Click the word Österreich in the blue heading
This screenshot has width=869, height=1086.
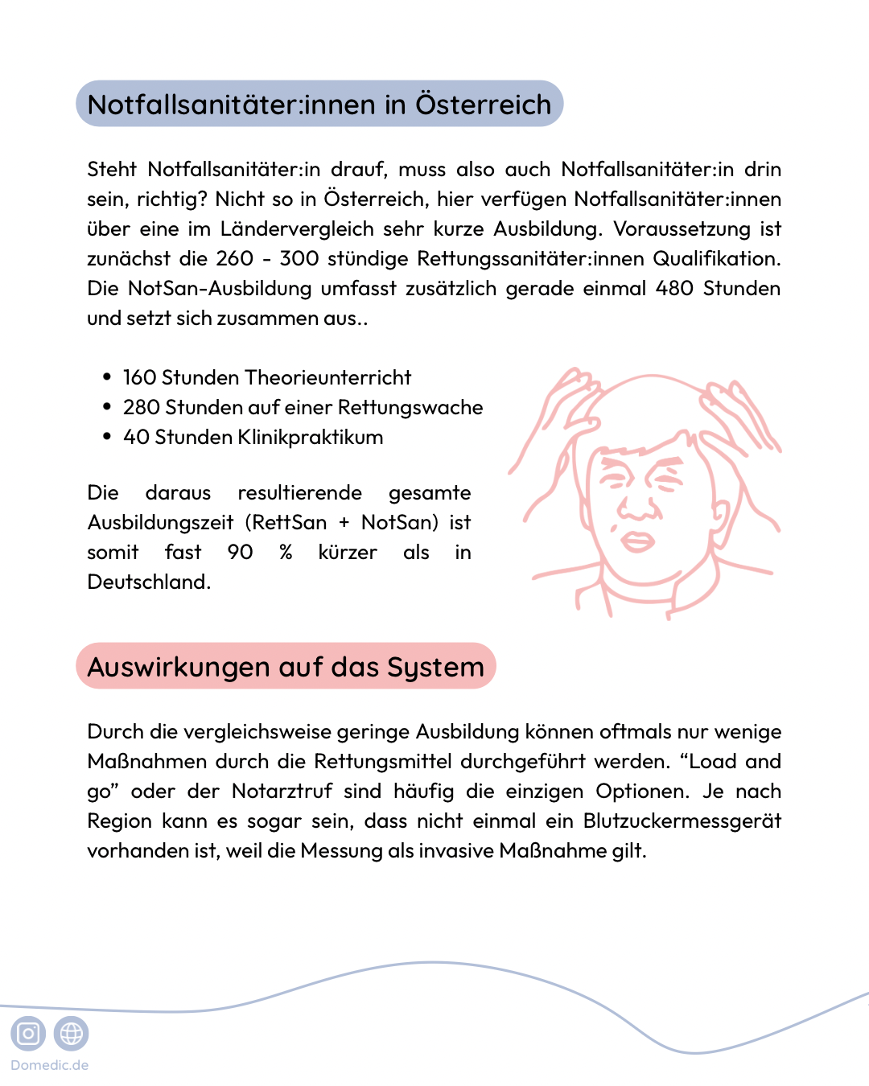click(483, 105)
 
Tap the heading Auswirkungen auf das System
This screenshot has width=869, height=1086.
click(286, 667)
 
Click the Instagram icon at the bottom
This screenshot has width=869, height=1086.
click(28, 1033)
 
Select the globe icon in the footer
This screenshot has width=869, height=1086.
click(72, 1033)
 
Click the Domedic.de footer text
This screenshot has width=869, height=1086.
click(49, 1065)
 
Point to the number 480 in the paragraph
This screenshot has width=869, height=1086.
click(674, 288)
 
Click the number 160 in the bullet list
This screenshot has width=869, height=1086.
click(140, 377)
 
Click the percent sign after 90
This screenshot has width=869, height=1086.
click(286, 553)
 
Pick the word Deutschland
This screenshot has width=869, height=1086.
click(149, 582)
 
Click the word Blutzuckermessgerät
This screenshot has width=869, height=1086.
click(682, 821)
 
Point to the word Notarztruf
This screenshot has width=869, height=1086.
click(282, 791)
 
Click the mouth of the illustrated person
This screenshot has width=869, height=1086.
click(637, 541)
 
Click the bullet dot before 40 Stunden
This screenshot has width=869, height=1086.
click(107, 437)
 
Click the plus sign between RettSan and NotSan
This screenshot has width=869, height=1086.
click(344, 523)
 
